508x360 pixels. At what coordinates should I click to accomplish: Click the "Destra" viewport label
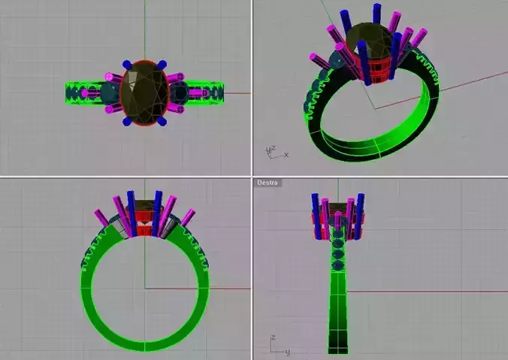[267, 183]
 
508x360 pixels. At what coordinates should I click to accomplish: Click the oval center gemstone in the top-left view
[143, 94]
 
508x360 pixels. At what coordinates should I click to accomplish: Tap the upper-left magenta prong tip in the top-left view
[110, 77]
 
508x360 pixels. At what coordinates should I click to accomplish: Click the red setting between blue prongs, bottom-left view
[144, 224]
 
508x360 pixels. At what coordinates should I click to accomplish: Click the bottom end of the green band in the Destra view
[338, 348]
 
